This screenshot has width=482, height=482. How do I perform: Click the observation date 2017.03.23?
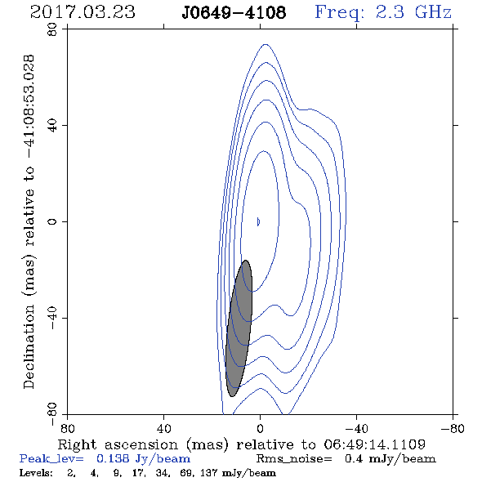coord(83,12)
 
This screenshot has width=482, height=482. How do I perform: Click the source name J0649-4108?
coord(234,12)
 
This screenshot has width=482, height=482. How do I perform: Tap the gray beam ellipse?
coord(239,328)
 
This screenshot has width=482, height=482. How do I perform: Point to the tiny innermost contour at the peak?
coord(258,221)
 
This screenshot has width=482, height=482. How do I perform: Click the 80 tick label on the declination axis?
coord(52,29)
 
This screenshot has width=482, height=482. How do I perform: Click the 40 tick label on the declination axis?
coord(52,126)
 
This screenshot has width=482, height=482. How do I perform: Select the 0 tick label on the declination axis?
coord(52,221)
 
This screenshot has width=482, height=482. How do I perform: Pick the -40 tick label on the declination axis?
coord(52,318)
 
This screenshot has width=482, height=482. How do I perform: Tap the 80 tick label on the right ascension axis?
coord(67,429)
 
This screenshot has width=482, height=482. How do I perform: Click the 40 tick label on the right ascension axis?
coord(164,429)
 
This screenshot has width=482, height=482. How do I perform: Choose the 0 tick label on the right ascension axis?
coord(261,429)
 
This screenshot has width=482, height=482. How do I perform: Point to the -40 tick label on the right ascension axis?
coord(356,429)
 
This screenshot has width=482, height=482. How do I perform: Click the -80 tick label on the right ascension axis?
coord(453,429)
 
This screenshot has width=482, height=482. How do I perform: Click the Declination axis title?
coord(29,221)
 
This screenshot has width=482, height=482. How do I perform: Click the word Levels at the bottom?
coord(36,473)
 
